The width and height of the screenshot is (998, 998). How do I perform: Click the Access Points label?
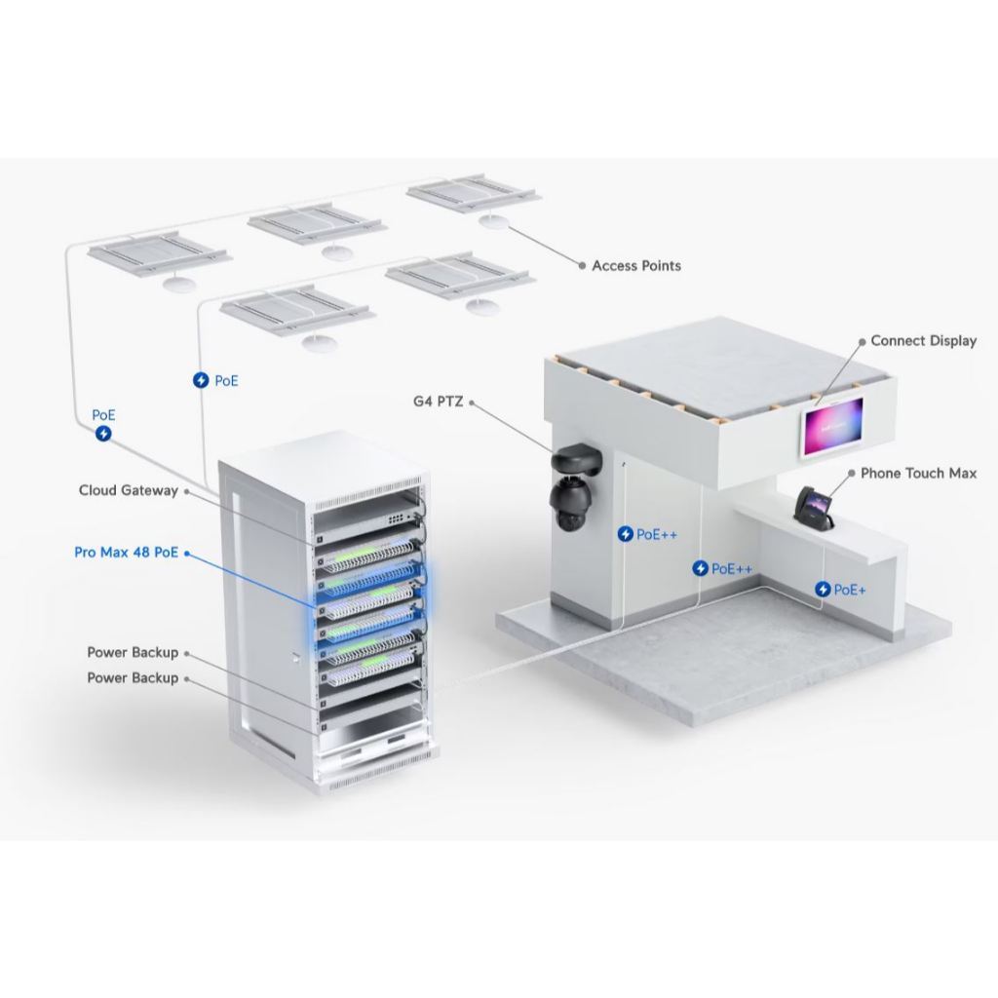pyautogui.click(x=635, y=266)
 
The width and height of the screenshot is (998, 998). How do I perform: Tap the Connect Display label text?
pyautogui.click(x=924, y=341)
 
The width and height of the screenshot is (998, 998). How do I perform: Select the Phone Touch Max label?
pyautogui.click(x=918, y=473)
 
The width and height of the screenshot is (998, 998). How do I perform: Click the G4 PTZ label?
pyautogui.click(x=438, y=402)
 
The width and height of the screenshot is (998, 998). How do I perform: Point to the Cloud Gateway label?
pyautogui.click(x=128, y=490)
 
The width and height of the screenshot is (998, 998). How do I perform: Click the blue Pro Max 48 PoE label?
pyautogui.click(x=126, y=553)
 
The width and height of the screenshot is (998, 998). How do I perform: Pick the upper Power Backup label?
pyautogui.click(x=133, y=652)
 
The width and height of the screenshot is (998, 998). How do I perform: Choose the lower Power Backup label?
pyautogui.click(x=133, y=678)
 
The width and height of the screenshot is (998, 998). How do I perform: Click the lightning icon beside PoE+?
pyautogui.click(x=823, y=590)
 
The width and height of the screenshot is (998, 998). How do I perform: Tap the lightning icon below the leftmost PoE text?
pyautogui.click(x=103, y=434)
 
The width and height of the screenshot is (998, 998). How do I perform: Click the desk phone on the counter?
pyautogui.click(x=815, y=506)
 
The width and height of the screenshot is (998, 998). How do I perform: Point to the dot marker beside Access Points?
pyautogui.click(x=582, y=266)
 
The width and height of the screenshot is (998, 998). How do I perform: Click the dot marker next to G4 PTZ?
pyautogui.click(x=472, y=403)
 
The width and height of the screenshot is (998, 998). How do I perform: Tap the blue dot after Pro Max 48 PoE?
pyautogui.click(x=187, y=554)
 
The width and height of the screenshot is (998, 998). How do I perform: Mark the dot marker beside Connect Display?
pyautogui.click(x=863, y=342)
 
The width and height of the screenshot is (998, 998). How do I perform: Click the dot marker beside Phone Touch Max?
pyautogui.click(x=852, y=474)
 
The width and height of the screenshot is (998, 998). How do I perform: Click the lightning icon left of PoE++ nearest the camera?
pyautogui.click(x=626, y=534)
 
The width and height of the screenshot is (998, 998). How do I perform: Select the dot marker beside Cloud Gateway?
pyautogui.click(x=186, y=491)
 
